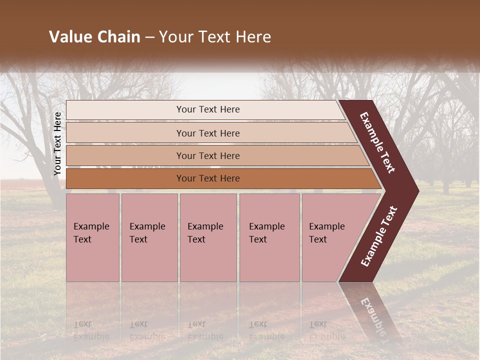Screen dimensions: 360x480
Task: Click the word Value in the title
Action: [x=69, y=37]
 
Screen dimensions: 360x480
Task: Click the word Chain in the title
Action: [x=116, y=37]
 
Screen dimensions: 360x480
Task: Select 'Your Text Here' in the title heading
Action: [x=215, y=37]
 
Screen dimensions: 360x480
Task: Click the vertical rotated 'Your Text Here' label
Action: [x=57, y=143]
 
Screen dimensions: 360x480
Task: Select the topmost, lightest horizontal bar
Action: [x=207, y=109]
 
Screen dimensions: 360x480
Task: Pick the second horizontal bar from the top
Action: [x=207, y=133]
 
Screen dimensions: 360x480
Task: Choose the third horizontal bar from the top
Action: [x=207, y=155]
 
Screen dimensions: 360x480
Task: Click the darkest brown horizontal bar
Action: [x=207, y=178]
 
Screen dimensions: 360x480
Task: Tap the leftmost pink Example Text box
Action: [x=92, y=237]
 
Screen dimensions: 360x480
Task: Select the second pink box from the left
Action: [x=149, y=237]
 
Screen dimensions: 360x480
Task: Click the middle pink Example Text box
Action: [x=208, y=237]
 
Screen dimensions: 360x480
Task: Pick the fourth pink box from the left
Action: [x=269, y=237]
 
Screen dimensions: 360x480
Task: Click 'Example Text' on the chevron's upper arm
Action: [x=377, y=142]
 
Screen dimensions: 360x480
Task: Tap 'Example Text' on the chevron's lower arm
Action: [x=379, y=236]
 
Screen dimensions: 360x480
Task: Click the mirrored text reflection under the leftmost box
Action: [x=91, y=330]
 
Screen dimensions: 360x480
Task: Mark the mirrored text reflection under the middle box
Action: [x=205, y=330]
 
